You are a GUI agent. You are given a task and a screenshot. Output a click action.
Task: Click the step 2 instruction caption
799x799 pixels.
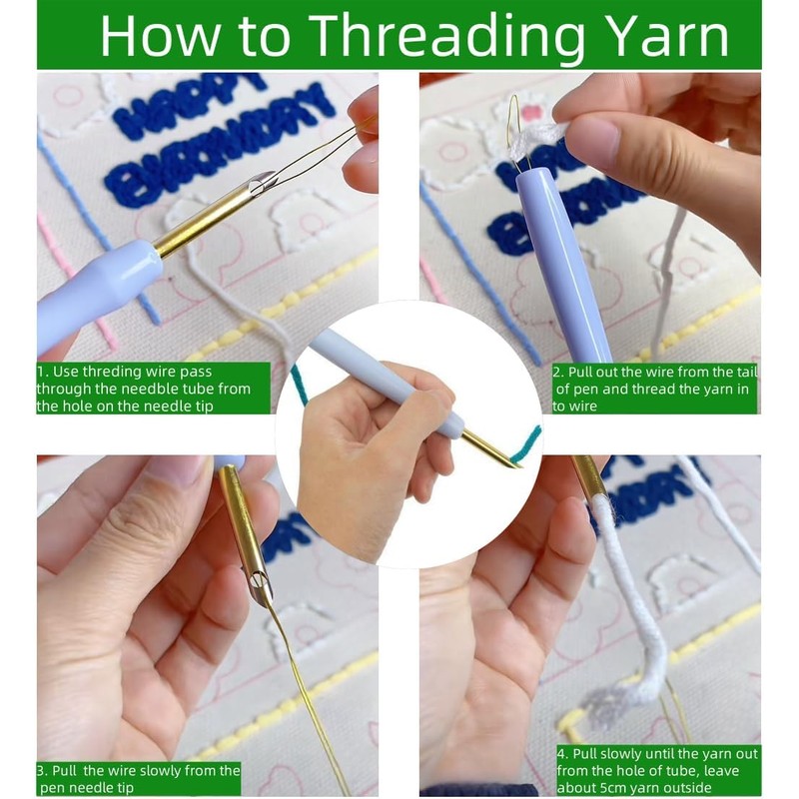[655, 389]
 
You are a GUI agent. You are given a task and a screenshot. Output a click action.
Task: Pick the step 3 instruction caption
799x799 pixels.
[139, 778]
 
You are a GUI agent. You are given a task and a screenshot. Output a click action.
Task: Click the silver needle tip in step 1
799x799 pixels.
[262, 184]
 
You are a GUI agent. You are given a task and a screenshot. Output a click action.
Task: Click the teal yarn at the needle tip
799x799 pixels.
[525, 444]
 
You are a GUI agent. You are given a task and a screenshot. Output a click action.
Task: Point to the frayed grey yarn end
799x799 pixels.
[605, 706]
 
